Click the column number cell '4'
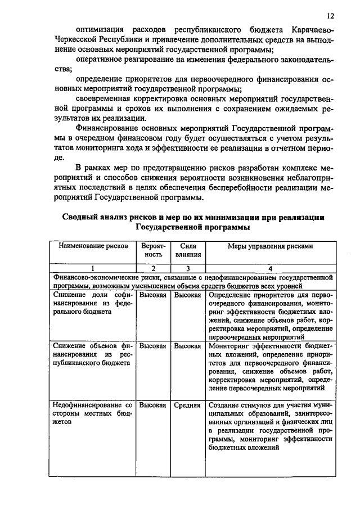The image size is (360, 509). pos(270,269)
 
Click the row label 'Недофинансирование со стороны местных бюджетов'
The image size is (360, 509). pos(92,413)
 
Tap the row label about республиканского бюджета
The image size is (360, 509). pos(92,355)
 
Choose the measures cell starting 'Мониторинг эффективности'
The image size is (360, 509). pos(270,367)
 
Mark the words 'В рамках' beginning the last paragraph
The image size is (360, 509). pos(92,168)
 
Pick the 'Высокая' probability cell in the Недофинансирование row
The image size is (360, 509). pos(152,405)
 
